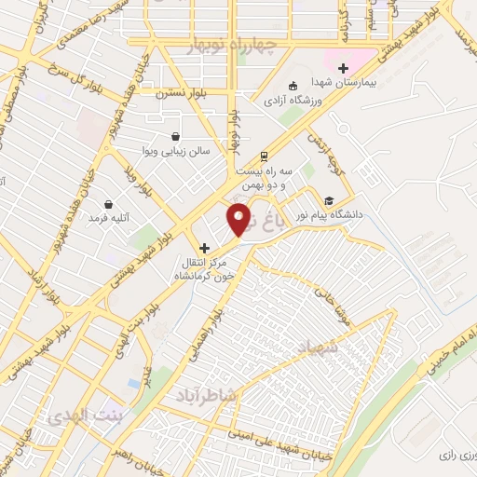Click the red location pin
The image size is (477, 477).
[239, 219]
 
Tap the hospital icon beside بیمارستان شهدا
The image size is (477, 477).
[343, 68]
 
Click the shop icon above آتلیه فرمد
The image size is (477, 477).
[109, 204]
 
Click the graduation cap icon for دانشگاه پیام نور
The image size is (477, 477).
[328, 199]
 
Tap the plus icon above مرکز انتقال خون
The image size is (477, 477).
[205, 248]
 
